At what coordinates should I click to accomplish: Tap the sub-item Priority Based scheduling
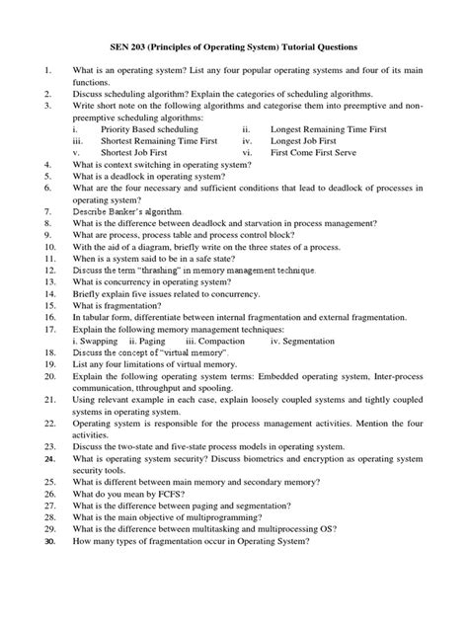[151, 128]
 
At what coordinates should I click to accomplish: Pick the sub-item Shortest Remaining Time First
[162, 141]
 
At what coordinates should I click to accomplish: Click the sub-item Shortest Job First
[138, 155]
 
